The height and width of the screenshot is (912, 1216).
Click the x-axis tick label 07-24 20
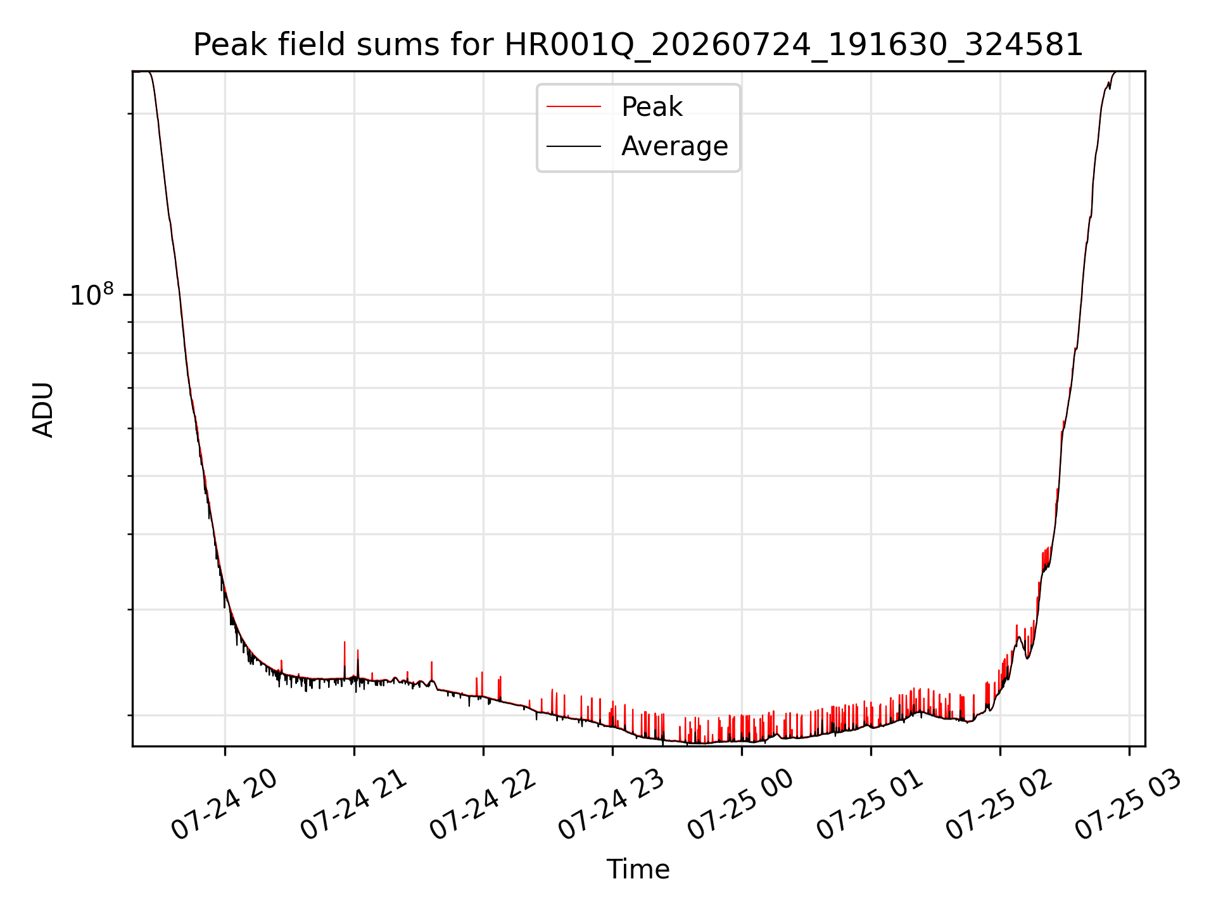[224, 805]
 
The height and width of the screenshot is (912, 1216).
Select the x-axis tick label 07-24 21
[353, 805]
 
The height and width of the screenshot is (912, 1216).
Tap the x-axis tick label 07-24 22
[483, 805]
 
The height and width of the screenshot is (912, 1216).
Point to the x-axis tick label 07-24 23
[612, 805]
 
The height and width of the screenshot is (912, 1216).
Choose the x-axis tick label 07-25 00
[741, 805]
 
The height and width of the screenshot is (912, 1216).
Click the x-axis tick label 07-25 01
[870, 805]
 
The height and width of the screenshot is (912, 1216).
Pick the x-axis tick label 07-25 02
[999, 805]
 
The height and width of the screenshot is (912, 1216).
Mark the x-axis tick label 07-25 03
[1129, 805]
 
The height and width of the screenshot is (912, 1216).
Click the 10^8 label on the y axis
[92, 294]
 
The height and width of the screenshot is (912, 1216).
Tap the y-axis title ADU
[43, 410]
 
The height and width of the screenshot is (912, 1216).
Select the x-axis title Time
[638, 870]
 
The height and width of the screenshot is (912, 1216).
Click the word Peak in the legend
[652, 106]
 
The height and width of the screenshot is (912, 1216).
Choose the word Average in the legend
[674, 146]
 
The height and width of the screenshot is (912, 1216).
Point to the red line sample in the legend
[574, 107]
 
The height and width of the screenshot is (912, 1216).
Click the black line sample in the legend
[574, 146]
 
